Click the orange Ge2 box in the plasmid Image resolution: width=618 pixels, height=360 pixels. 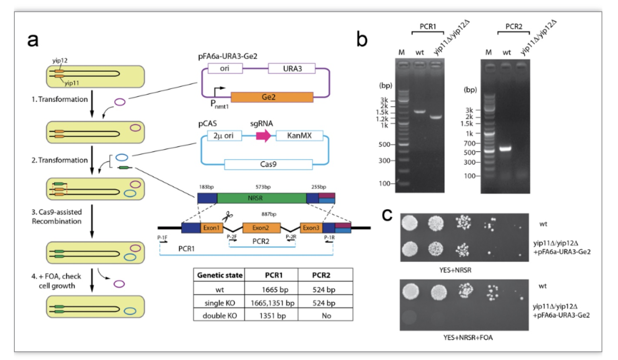click(x=272, y=97)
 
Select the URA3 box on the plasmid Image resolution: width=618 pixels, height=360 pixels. click(x=292, y=68)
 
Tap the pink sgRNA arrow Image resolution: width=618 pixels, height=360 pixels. click(x=264, y=136)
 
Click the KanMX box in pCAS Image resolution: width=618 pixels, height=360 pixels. click(x=299, y=136)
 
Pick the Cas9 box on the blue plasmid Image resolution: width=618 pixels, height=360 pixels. click(x=269, y=164)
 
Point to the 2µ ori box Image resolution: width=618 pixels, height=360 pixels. click(x=224, y=136)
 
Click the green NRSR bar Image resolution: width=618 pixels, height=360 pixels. click(x=262, y=198)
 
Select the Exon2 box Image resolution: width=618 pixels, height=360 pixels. click(x=262, y=228)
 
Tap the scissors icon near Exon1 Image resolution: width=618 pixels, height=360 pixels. click(x=228, y=216)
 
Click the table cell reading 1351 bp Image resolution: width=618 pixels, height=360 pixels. click(x=272, y=316)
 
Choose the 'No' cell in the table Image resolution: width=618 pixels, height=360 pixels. click(x=326, y=316)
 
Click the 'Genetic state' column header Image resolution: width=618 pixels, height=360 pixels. click(x=220, y=275)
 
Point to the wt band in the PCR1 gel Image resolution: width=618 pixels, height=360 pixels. click(x=420, y=112)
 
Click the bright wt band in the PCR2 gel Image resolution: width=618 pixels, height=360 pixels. click(x=505, y=149)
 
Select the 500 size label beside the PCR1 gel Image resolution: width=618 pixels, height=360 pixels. click(x=384, y=144)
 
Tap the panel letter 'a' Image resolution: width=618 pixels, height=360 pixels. click(x=33, y=40)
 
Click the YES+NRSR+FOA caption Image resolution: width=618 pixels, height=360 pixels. click(x=468, y=337)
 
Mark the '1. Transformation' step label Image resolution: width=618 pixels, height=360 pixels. click(x=60, y=100)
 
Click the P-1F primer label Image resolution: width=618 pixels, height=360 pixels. click(x=162, y=238)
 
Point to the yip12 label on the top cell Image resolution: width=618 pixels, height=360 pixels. click(x=60, y=60)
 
